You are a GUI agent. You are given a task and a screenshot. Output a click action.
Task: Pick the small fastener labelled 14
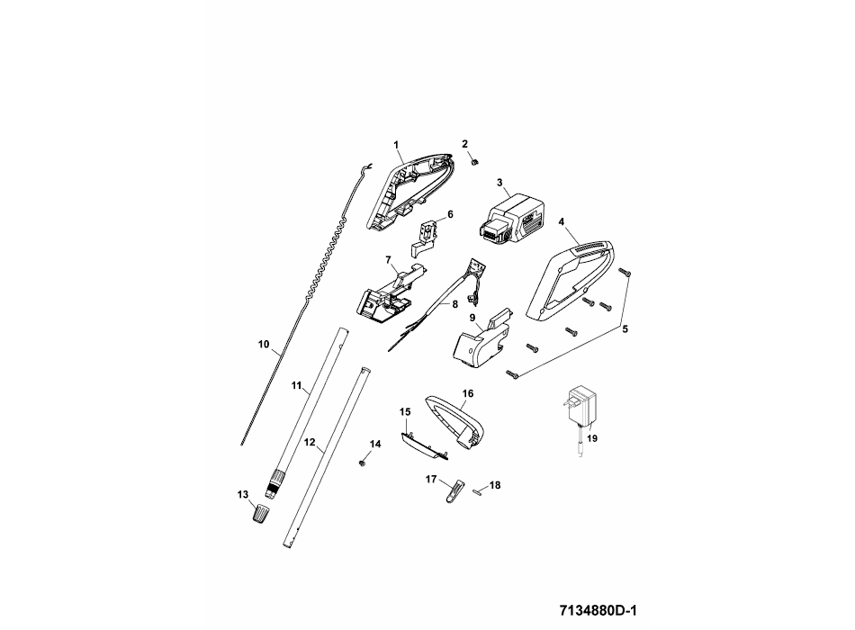pyautogui.click(x=361, y=461)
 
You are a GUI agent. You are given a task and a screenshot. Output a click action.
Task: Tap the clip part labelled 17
pyautogui.click(x=454, y=491)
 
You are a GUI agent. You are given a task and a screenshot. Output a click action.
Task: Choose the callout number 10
pyautogui.click(x=264, y=343)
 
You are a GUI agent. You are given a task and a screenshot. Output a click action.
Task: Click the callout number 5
pyautogui.click(x=625, y=329)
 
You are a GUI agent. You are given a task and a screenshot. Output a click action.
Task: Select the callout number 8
pyautogui.click(x=454, y=304)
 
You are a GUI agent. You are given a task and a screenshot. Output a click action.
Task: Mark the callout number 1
pyautogui.click(x=395, y=144)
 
